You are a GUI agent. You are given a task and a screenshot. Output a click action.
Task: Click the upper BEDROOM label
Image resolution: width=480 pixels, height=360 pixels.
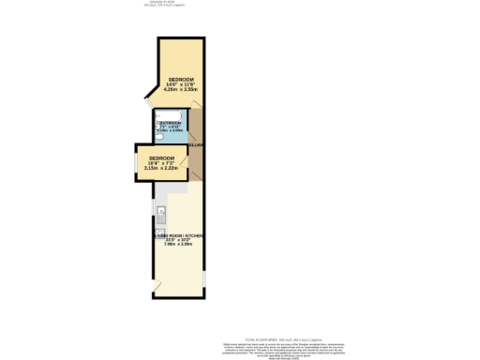181,78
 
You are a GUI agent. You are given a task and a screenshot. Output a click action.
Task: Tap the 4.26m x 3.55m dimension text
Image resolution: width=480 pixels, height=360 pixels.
181,90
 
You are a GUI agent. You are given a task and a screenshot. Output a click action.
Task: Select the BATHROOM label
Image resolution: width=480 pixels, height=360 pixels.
170,124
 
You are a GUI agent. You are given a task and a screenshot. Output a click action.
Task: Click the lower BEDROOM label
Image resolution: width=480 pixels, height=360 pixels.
162,157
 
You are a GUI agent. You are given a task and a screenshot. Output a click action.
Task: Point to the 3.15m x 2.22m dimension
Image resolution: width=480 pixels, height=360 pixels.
162,169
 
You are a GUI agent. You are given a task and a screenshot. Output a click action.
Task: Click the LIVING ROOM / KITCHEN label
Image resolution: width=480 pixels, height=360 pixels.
179,235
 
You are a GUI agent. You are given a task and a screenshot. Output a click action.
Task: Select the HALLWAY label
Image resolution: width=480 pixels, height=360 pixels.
196,145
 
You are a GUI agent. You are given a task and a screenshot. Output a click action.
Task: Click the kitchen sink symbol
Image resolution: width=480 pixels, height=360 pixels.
161,210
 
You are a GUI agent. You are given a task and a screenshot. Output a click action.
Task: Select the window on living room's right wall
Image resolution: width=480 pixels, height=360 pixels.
203,278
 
